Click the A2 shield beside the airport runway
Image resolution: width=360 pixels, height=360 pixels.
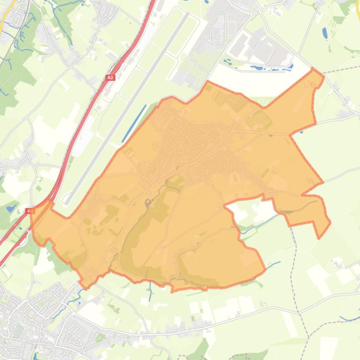[x=110, y=78]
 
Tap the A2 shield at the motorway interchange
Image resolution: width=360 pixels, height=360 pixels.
[x=30, y=211]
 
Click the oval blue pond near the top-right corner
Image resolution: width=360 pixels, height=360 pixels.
[x=325, y=33]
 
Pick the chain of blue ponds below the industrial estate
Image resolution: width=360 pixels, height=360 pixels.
[x=262, y=67]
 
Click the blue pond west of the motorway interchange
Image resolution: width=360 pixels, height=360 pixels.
[x=10, y=206]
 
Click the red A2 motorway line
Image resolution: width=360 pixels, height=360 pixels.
[x=84, y=117]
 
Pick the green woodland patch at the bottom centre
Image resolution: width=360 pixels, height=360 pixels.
[x=201, y=349]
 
